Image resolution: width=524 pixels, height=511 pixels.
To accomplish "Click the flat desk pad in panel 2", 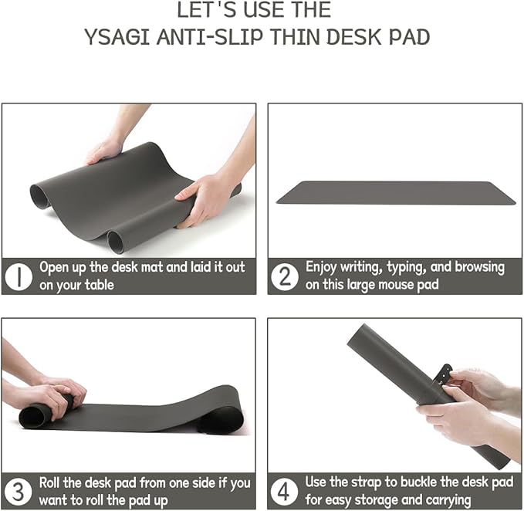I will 396,192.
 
